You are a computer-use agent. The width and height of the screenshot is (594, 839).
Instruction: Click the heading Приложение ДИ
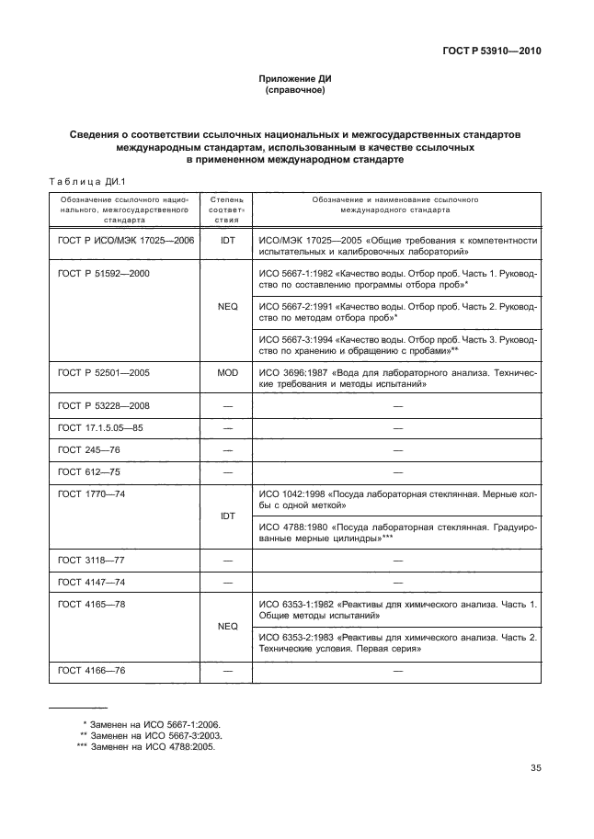pyautogui.click(x=296, y=80)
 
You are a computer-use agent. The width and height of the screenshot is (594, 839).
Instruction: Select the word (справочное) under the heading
pyautogui.click(x=296, y=91)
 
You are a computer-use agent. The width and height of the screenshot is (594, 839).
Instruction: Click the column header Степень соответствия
pyautogui.click(x=227, y=210)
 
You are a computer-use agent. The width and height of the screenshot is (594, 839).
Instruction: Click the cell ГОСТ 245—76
pyautogui.click(x=84, y=450)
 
